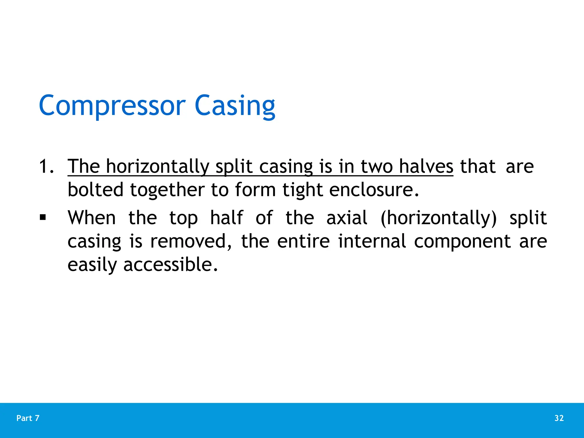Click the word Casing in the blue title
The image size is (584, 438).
pyautogui.click(x=235, y=106)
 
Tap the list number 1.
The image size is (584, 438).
pyautogui.click(x=46, y=166)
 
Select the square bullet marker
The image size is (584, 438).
pyautogui.click(x=43, y=218)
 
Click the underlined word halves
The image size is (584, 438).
pyautogui.click(x=426, y=166)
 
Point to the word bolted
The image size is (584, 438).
pyautogui.click(x=96, y=190)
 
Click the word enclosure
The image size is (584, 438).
pyautogui.click(x=374, y=190)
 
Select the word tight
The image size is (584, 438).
pyautogui.click(x=303, y=190)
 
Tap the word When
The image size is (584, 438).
pyautogui.click(x=92, y=218)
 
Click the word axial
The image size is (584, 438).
pyautogui.click(x=347, y=218)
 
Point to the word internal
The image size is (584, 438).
pyautogui.click(x=372, y=242)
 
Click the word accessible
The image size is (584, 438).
pyautogui.click(x=171, y=265)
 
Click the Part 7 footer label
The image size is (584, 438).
pyautogui.click(x=28, y=418)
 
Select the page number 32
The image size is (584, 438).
pyautogui.click(x=559, y=418)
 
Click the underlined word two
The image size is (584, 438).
pyautogui.click(x=377, y=166)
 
